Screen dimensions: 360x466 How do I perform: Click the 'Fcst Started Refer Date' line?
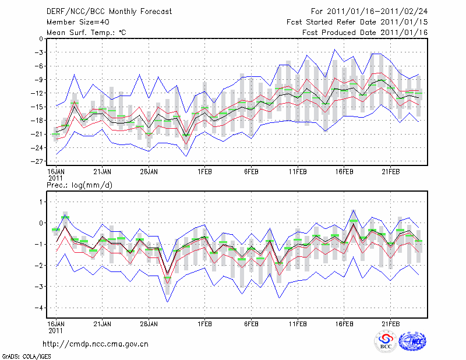357,22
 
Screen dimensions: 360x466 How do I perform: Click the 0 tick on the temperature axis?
41,38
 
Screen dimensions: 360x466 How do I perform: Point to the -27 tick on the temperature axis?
38,161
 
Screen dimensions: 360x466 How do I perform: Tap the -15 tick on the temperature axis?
38,107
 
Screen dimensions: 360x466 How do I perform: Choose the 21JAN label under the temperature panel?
103,172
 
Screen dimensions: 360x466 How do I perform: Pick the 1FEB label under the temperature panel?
204,172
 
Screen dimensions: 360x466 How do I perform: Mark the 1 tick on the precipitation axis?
41,202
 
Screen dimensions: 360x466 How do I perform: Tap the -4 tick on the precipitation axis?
39,308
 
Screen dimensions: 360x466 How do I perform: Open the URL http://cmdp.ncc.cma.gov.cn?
96,344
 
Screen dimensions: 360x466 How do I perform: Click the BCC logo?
385,342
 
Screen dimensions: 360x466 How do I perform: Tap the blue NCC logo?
412,342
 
